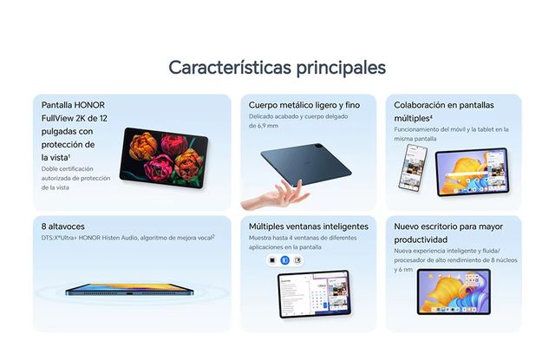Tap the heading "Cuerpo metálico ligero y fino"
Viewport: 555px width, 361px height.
pyautogui.click(x=304, y=104)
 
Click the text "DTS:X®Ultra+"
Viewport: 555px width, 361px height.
pyautogui.click(x=63, y=237)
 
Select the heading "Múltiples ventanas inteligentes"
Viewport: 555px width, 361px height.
pyautogui.click(x=308, y=226)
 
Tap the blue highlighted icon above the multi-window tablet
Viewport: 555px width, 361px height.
pyautogui.click(x=284, y=259)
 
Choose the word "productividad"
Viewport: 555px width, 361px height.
pyautogui.click(x=421, y=239)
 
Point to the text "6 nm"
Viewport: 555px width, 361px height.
pyautogui.click(x=403, y=270)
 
